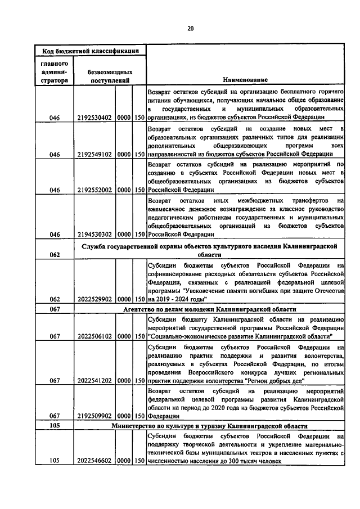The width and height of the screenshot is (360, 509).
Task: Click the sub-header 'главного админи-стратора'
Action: tap(55, 72)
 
